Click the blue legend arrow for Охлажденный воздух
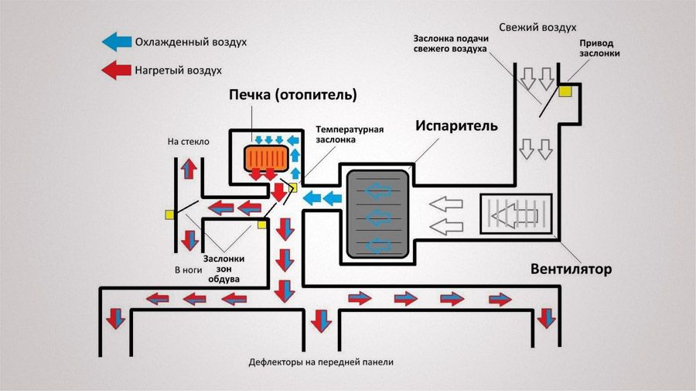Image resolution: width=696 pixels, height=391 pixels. click(116, 41)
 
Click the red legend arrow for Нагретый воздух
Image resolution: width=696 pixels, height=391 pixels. click(116, 70)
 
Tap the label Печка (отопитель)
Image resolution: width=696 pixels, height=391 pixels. click(292, 95)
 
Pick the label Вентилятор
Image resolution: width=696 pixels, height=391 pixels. click(571, 269)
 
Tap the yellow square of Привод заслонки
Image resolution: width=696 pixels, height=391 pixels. click(565, 91)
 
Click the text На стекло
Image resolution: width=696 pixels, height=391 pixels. click(188, 142)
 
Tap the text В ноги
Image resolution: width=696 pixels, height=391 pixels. click(188, 269)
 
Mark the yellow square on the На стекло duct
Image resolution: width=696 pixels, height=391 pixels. click(169, 214)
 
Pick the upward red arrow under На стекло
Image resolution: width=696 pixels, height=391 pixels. click(188, 170)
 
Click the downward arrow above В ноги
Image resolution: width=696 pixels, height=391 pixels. click(188, 238)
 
